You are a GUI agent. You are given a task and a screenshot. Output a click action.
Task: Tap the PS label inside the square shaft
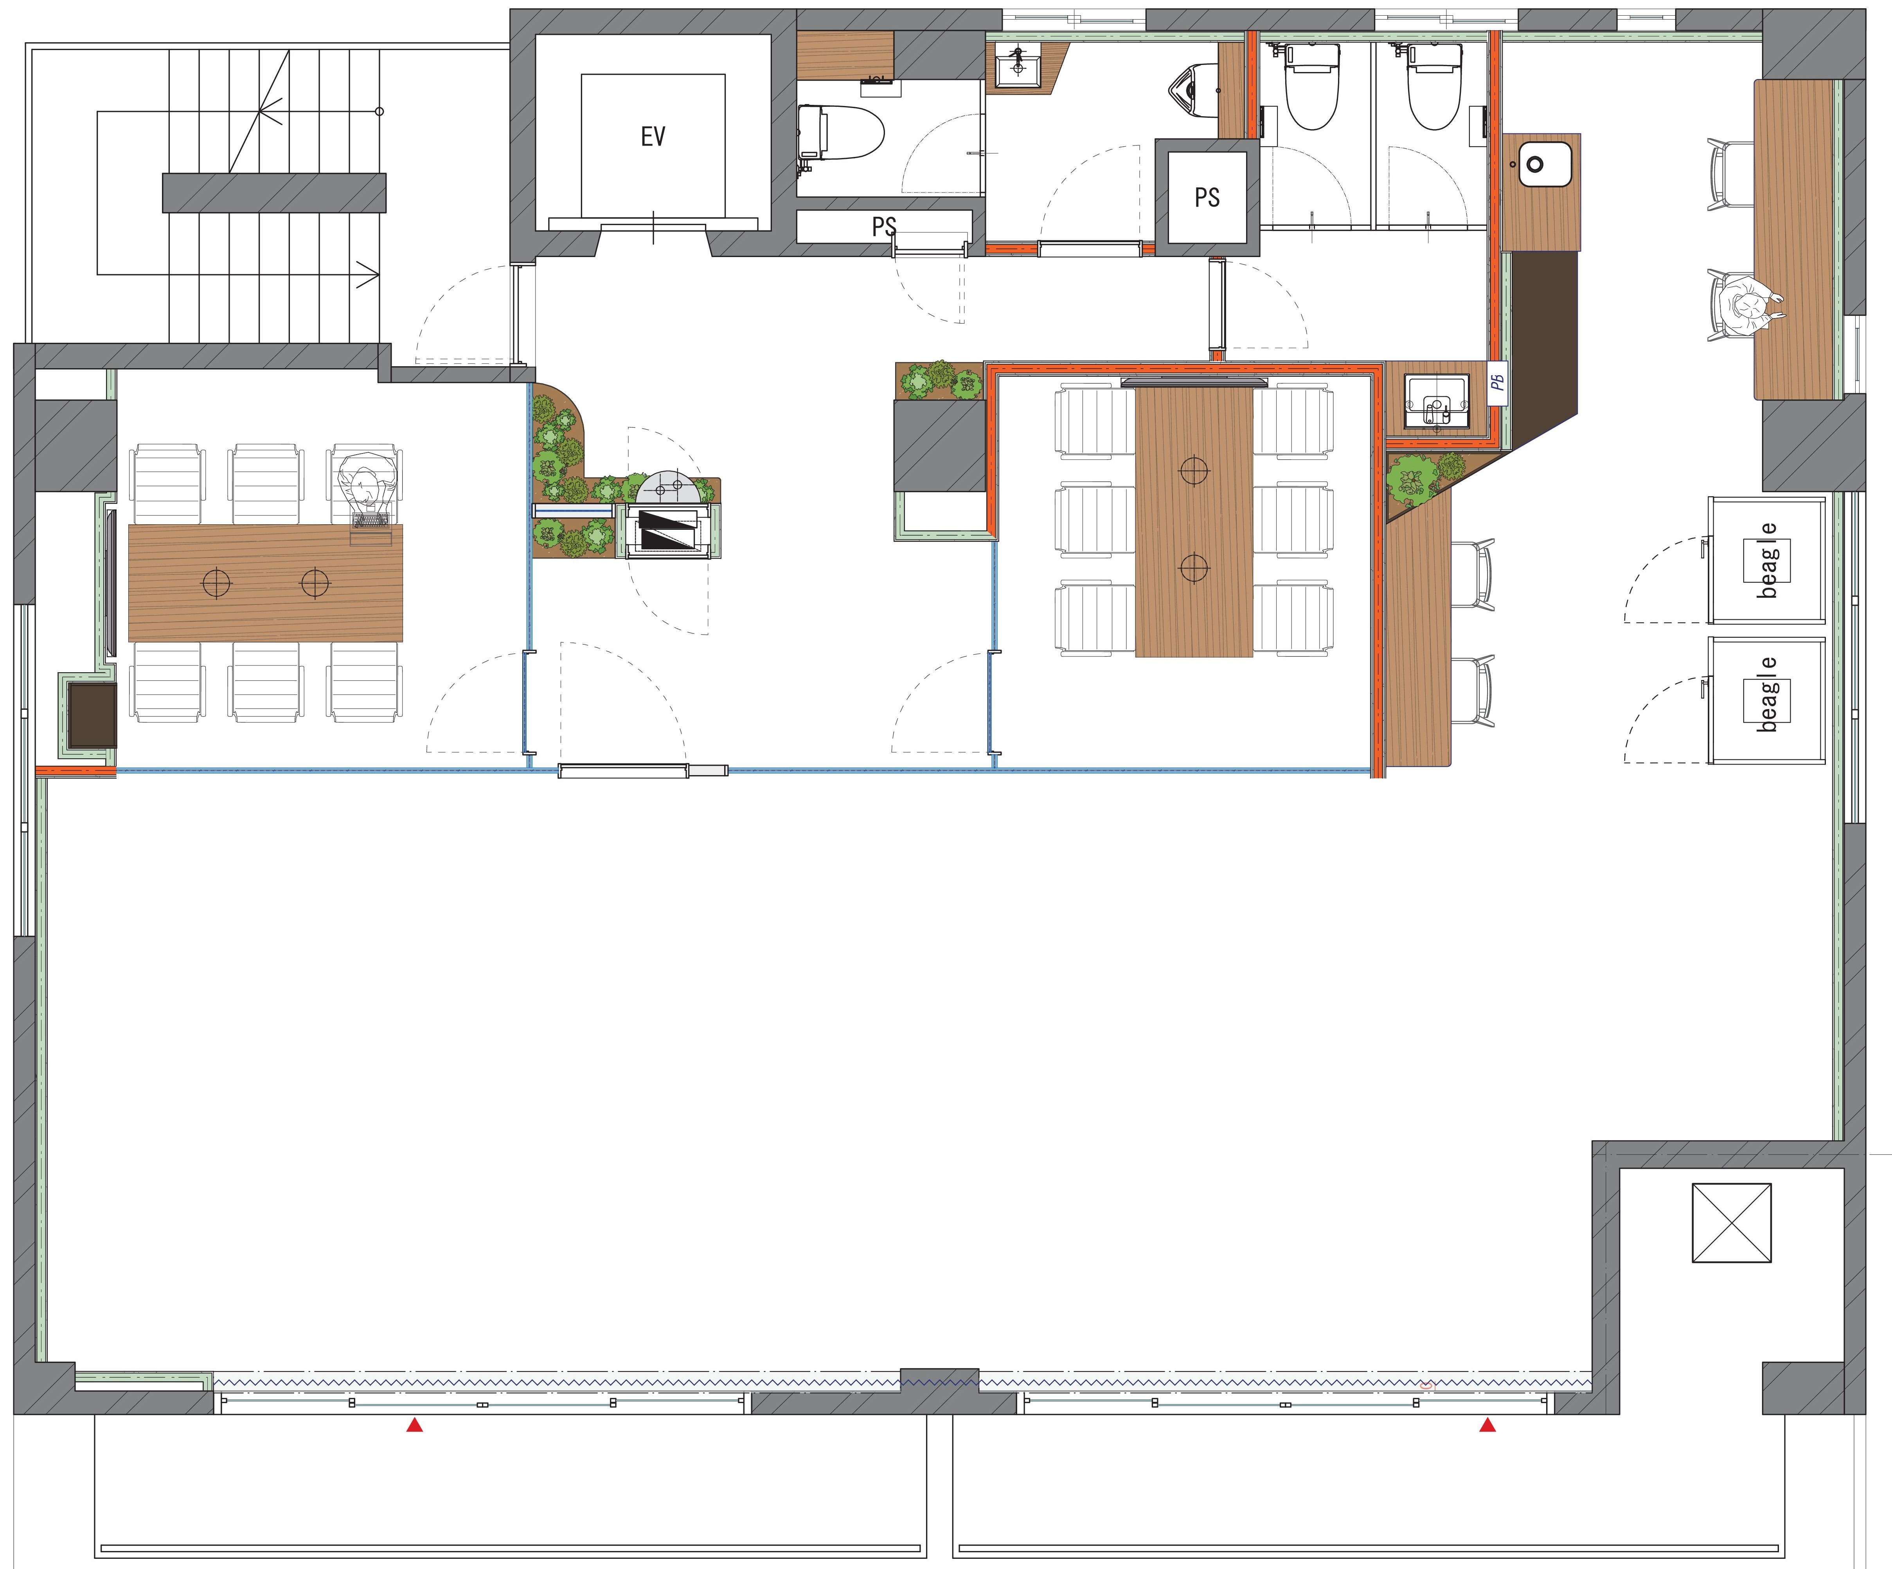[x=1207, y=197]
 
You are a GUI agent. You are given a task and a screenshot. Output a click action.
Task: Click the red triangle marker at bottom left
[x=414, y=1425]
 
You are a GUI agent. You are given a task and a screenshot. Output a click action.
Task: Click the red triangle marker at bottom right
[x=1487, y=1425]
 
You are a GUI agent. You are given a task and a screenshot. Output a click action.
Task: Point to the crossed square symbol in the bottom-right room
[x=1732, y=1223]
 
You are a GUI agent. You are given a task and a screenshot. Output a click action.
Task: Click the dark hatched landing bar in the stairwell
[x=274, y=193]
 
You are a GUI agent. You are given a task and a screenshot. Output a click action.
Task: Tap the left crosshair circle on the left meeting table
[x=216, y=583]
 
